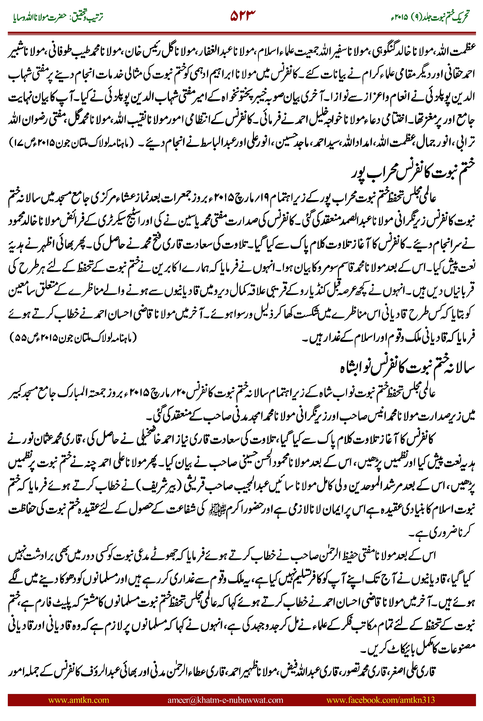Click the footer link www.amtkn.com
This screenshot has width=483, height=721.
click(x=79, y=700)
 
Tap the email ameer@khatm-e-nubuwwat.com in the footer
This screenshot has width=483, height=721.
click(x=225, y=700)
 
